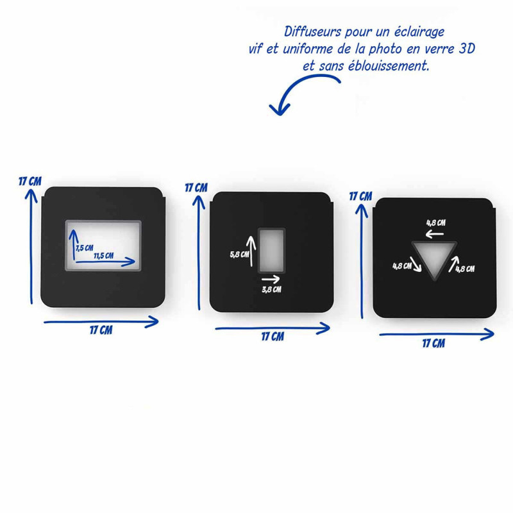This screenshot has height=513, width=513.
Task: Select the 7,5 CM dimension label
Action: [84, 247]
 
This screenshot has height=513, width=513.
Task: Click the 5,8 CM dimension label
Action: [238, 254]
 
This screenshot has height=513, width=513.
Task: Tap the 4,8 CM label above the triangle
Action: [436, 223]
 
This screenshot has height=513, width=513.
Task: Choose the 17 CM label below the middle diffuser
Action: [273, 337]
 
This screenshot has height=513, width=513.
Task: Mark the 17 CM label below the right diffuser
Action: [433, 343]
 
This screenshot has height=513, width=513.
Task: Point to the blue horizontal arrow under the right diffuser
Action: [436, 333]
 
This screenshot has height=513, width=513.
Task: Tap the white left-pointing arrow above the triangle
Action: [436, 234]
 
